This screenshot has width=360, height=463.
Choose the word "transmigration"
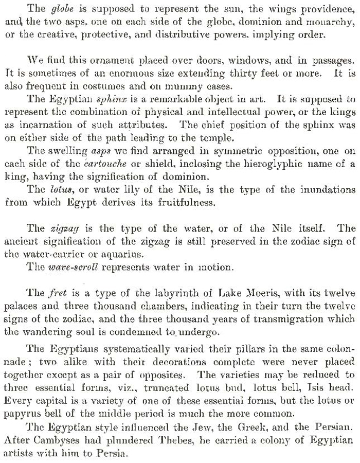pyautogui.click(x=274, y=319)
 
